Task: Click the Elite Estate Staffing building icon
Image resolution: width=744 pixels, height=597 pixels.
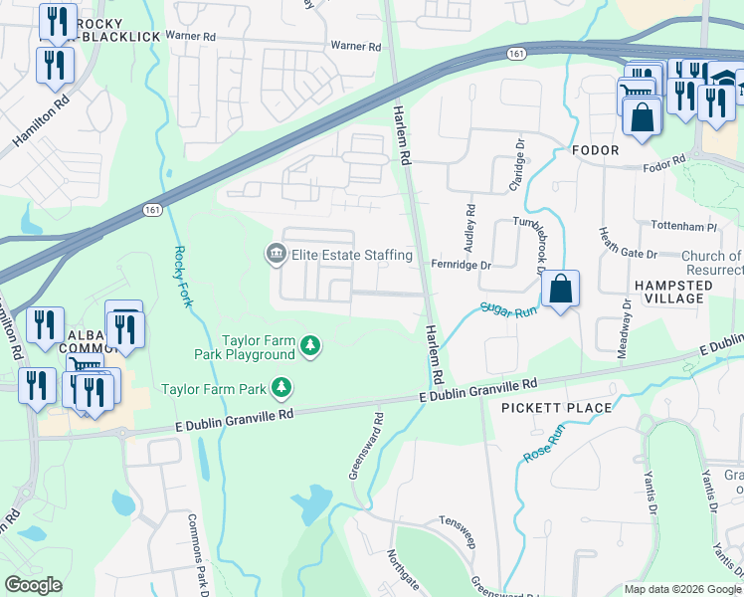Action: (276, 256)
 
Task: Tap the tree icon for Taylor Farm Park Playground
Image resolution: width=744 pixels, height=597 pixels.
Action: (312, 346)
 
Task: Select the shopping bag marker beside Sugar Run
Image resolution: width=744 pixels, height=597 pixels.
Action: (561, 290)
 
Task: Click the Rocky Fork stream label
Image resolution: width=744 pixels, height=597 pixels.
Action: (182, 277)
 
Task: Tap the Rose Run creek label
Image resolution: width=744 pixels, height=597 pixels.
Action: (543, 443)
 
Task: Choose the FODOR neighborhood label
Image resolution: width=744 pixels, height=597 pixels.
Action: (596, 150)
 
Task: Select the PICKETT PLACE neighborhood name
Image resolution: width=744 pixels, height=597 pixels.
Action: (556, 408)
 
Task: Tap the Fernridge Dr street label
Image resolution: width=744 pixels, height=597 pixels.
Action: (462, 266)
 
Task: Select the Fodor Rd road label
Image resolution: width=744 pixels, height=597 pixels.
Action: (665, 161)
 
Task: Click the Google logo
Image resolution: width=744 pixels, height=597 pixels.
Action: (34, 585)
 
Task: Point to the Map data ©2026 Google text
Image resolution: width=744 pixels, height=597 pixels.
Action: (681, 589)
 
